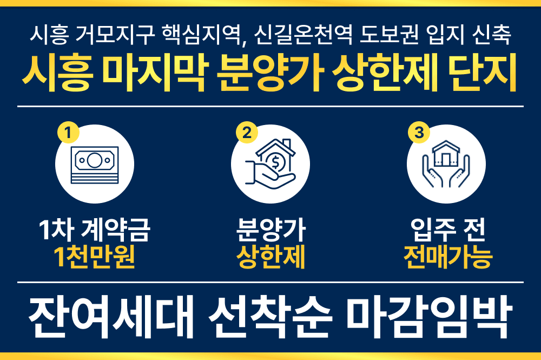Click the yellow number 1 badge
[68, 132]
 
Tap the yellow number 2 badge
[246, 132]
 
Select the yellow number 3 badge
[418, 132]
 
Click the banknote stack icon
[95, 163]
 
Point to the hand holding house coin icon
[270, 163]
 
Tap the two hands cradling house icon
[446, 163]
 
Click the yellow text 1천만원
[95, 258]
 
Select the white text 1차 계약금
[95, 232]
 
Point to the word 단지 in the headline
[483, 75]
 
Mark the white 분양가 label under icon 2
[271, 232]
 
